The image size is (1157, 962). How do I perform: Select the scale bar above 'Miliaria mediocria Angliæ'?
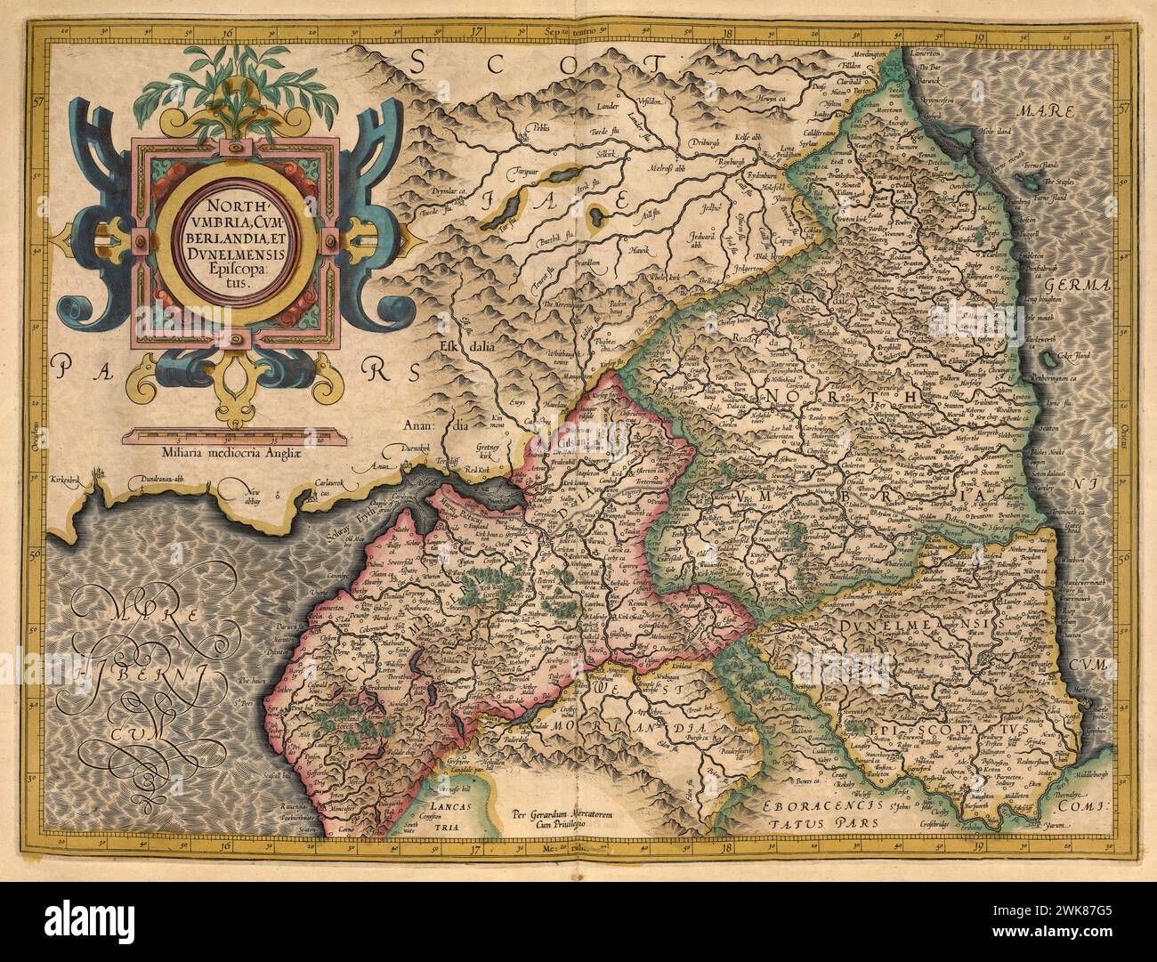pyautogui.click(x=232, y=434)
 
